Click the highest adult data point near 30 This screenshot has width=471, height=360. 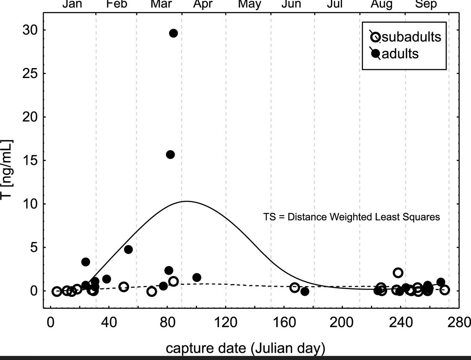pos(173,33)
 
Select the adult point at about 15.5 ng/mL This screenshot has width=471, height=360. pos(170,155)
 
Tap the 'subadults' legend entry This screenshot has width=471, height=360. pos(406,37)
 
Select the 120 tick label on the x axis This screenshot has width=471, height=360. pos(226,323)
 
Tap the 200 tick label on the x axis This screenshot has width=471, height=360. pos(341,323)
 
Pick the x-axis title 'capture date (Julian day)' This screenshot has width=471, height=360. pos(245,348)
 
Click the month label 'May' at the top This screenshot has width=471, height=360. pos(250,4)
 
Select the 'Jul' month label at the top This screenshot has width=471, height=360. pos(335,4)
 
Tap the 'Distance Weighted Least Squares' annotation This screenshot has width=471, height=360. pos(351,217)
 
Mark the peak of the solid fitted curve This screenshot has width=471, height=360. pos(187,201)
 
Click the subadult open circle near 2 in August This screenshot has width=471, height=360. pos(398,273)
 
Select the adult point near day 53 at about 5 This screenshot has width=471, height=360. pos(128,250)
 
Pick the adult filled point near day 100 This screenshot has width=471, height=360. pos(197,277)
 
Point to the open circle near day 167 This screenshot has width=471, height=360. pos(295,288)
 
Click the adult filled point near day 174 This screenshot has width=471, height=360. pos(305,292)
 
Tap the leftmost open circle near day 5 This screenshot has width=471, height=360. pos(57,291)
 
